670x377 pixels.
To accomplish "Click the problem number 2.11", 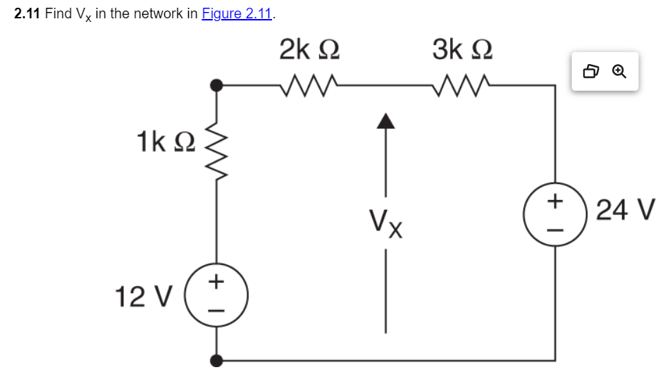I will (x=27, y=14).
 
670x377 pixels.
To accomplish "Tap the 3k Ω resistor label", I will (x=462, y=49).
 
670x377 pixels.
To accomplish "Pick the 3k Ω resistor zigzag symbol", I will (x=462, y=85).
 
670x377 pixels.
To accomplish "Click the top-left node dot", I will (x=218, y=85).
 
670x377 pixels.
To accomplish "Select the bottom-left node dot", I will (x=218, y=361).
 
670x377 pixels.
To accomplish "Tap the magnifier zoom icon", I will (x=619, y=71).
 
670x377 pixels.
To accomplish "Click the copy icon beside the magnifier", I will (x=591, y=71).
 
